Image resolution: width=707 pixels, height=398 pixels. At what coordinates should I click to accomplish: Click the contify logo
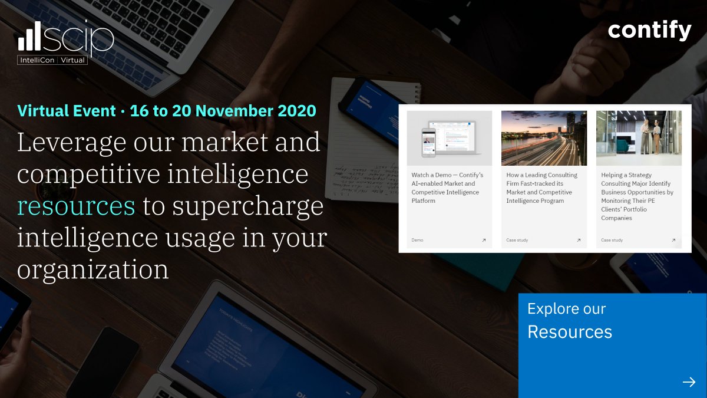click(649, 31)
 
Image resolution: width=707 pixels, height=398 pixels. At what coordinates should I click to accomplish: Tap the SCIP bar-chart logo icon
click(29, 37)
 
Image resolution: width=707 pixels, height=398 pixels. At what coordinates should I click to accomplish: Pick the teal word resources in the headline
click(76, 206)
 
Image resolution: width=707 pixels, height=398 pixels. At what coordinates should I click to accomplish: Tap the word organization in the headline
click(92, 269)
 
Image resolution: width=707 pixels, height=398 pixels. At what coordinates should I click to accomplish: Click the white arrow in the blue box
click(689, 382)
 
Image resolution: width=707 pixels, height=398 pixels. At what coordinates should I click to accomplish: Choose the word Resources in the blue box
click(569, 332)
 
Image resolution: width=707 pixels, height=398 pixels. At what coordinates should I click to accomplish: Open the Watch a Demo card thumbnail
click(449, 138)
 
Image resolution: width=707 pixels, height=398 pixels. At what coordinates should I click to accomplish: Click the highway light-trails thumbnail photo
click(544, 138)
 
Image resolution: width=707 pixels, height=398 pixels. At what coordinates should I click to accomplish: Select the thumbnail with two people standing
click(639, 138)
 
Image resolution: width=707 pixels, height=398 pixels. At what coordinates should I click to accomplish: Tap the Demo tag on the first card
click(417, 240)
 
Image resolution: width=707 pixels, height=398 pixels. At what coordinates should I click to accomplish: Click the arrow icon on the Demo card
click(484, 240)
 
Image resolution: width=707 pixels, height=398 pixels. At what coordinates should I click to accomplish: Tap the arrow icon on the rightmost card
click(673, 240)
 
